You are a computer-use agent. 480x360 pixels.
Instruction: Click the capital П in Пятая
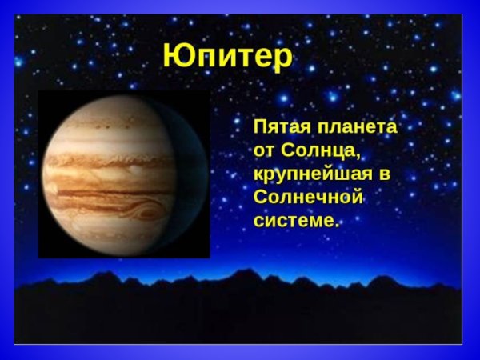point(261,128)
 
